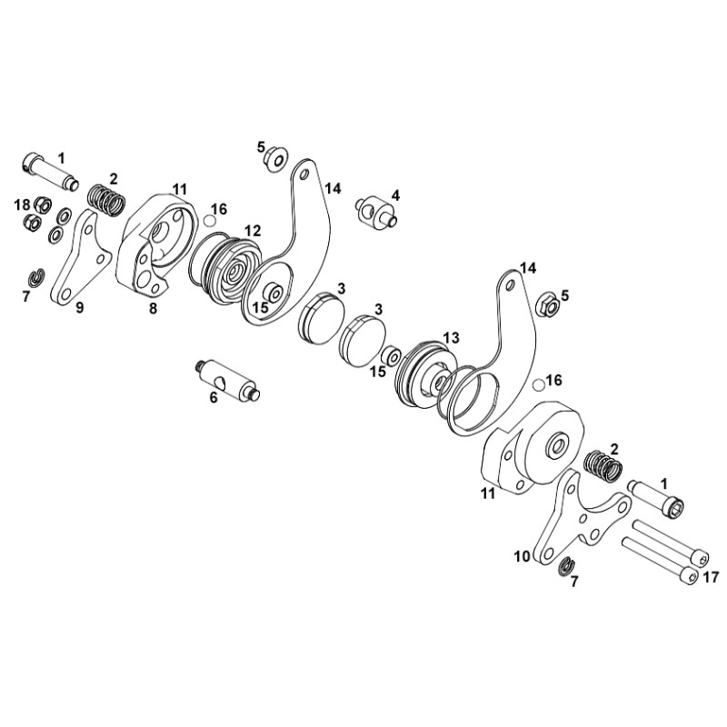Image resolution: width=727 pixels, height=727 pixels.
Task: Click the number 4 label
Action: coord(395,194)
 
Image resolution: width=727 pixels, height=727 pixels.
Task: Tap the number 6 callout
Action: coord(214,396)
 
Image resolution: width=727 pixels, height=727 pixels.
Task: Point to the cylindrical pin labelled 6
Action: coord(227,378)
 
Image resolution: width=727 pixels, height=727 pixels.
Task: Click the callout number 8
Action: coord(153,308)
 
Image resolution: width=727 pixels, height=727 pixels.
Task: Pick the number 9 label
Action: coord(79,308)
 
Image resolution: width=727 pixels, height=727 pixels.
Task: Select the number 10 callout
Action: coord(521,555)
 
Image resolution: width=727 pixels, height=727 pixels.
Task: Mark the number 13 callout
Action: coord(451,337)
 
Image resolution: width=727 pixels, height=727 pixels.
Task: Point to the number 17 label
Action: coord(711,576)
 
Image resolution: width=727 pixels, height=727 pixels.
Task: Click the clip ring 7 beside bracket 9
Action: coord(35,276)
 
